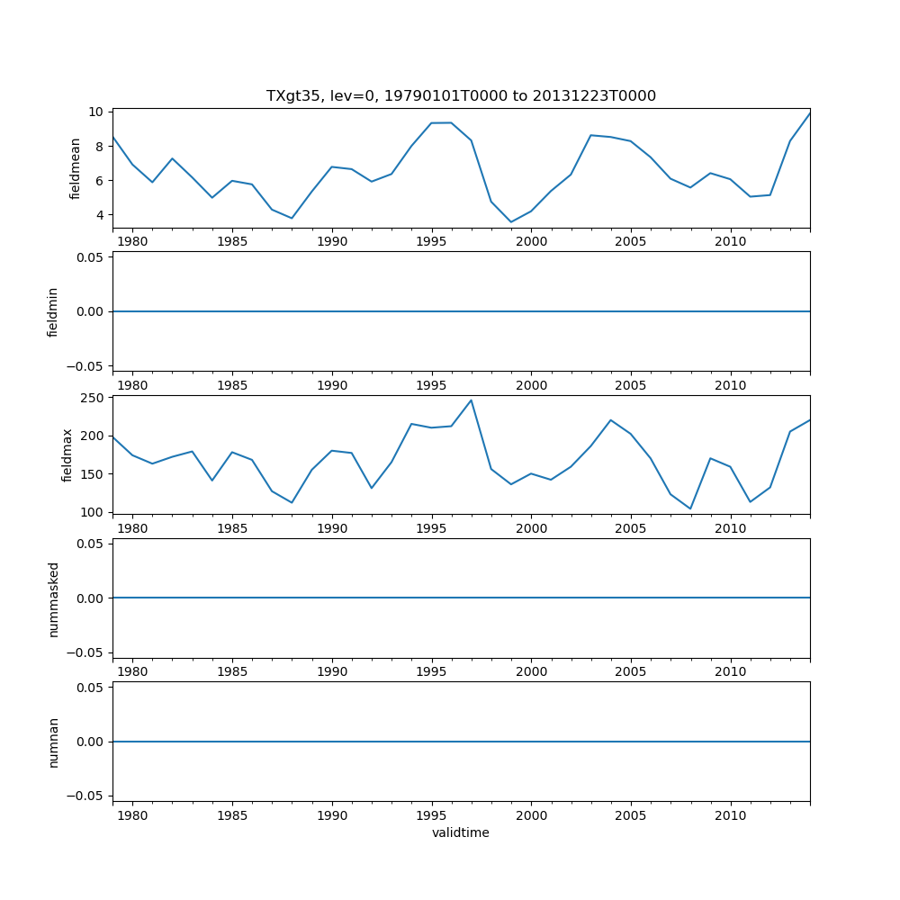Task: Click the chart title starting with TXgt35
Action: [x=461, y=95]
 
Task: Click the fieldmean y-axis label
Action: [x=76, y=168]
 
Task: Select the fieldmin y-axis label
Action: [x=53, y=311]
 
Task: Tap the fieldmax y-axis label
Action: [x=67, y=454]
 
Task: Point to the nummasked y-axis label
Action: [x=53, y=598]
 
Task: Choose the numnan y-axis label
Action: [x=53, y=742]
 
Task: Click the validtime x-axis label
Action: [x=461, y=832]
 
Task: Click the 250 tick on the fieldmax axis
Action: [x=91, y=398]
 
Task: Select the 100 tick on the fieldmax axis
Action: [x=91, y=512]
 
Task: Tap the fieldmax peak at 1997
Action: [x=471, y=400]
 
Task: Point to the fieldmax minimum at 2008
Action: [x=690, y=508]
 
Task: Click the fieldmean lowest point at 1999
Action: [x=511, y=222]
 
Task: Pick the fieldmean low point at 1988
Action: [x=292, y=218]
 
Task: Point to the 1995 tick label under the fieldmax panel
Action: [x=432, y=528]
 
